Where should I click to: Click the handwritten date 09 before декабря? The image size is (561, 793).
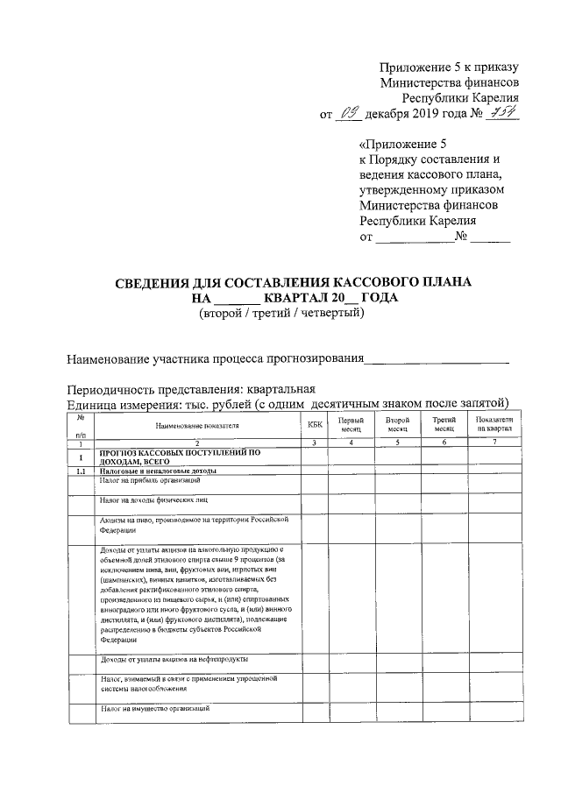348,114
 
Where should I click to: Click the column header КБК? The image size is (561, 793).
316,424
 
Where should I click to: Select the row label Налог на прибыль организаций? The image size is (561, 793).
150,481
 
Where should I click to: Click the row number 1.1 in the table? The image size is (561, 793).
80,471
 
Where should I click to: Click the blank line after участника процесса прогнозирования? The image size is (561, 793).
437,359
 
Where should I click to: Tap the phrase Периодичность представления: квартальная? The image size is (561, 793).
191,388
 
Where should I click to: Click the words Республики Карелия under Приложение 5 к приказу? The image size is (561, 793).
461,98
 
